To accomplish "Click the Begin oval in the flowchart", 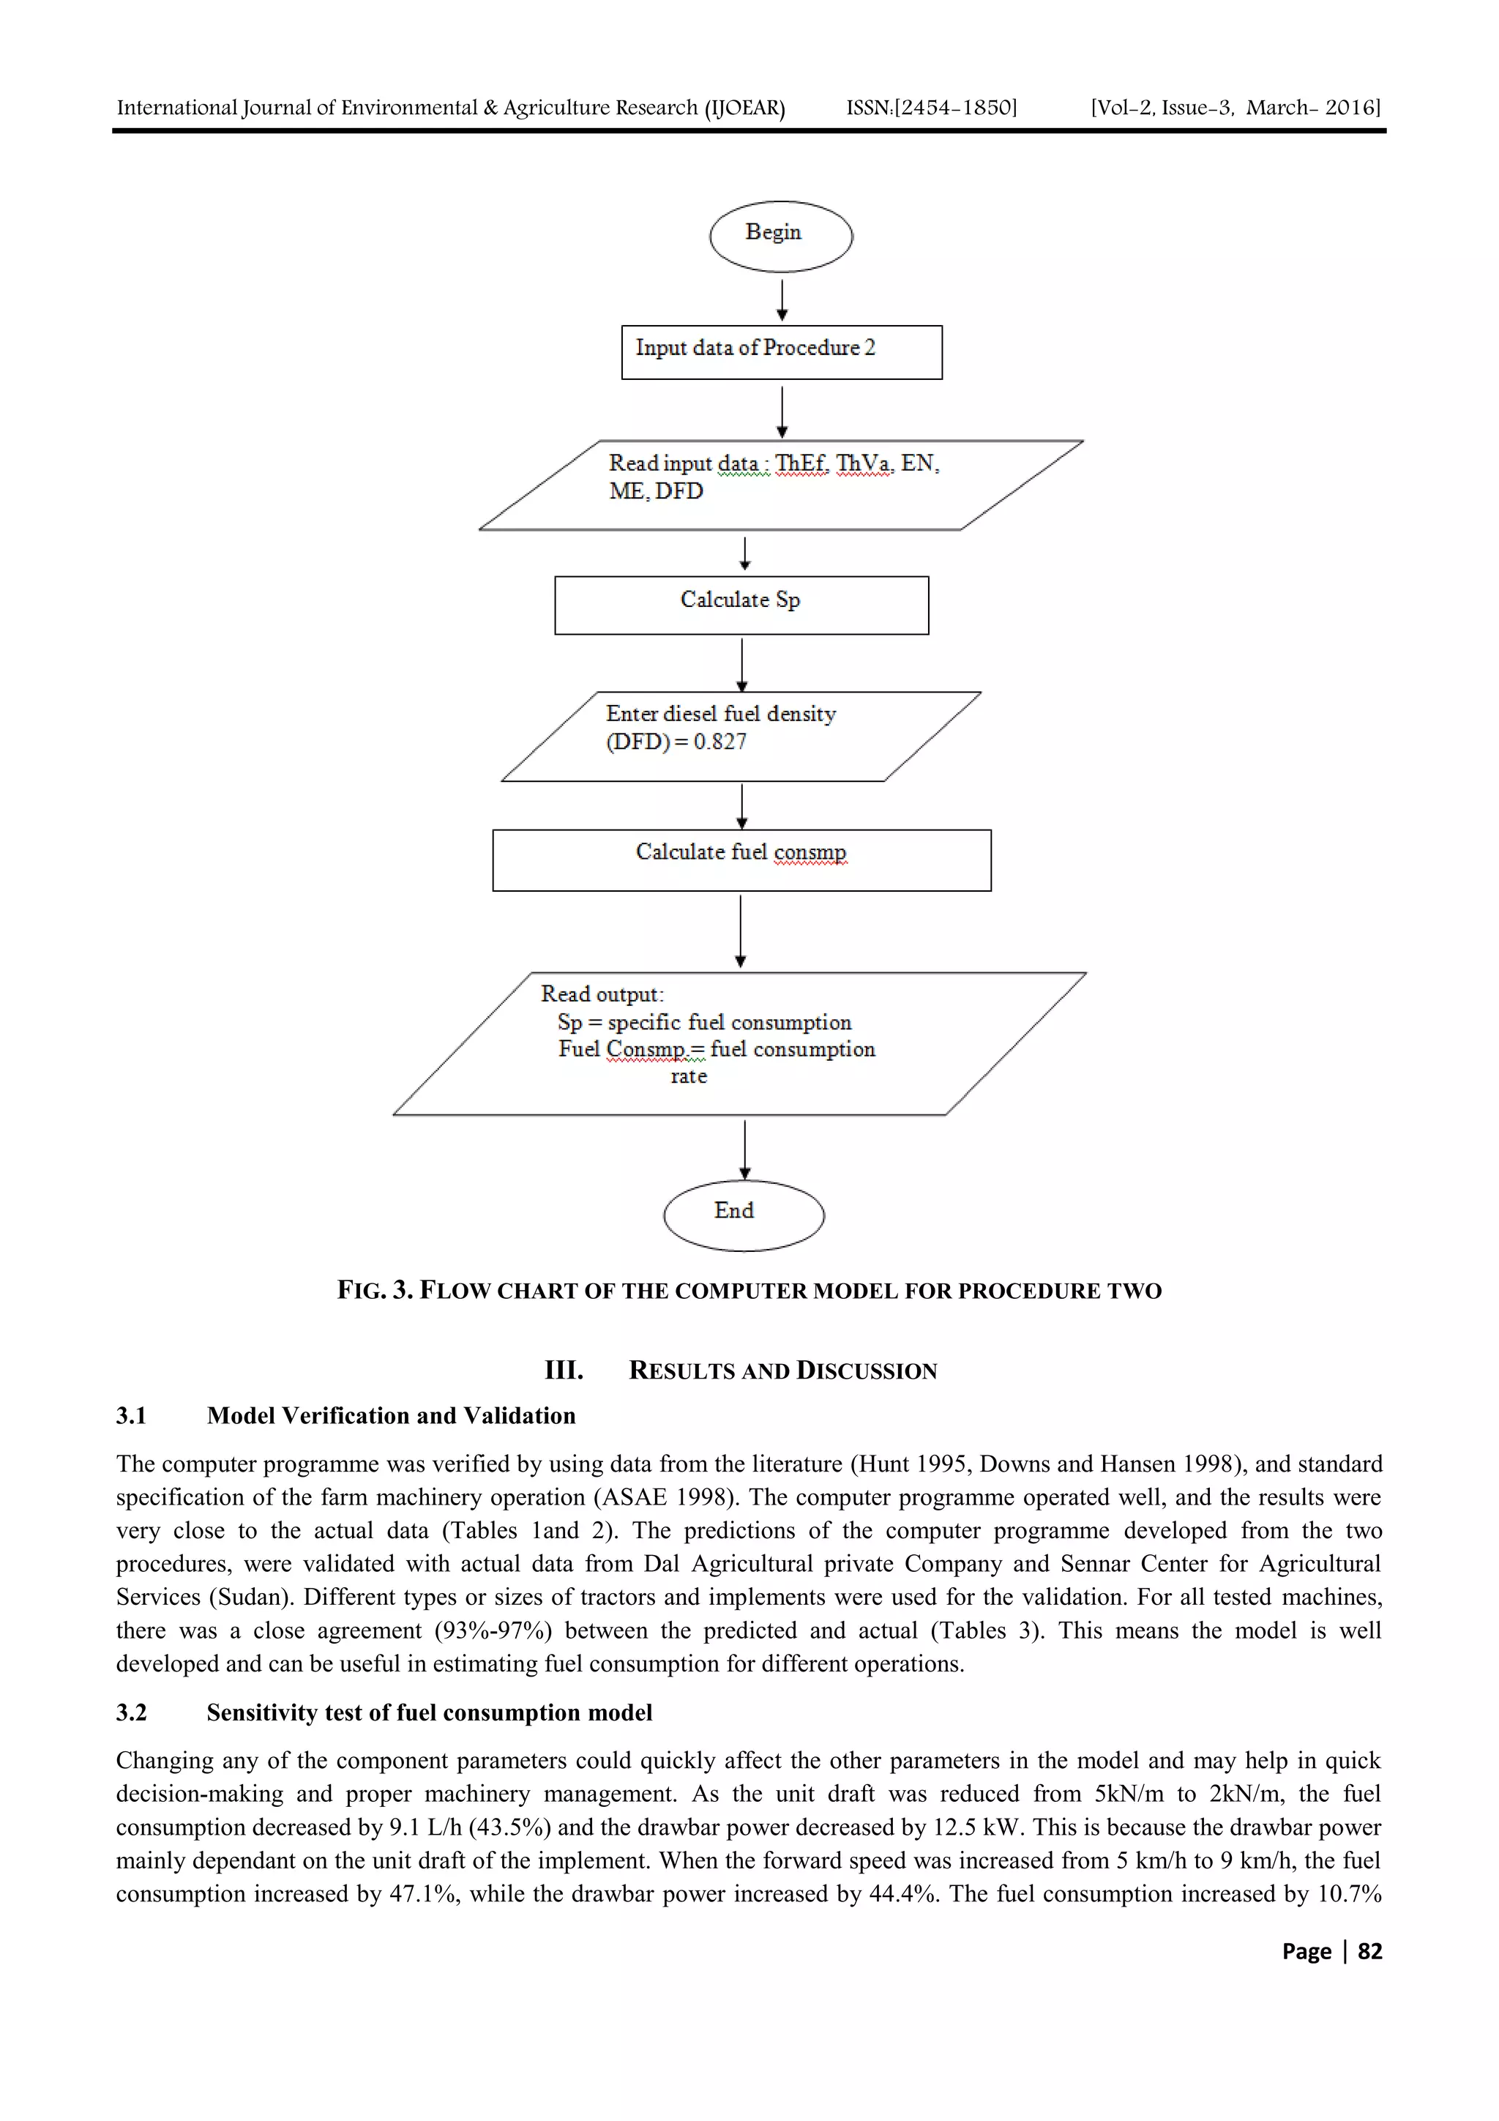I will tap(780, 236).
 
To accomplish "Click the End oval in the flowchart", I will tap(744, 1215).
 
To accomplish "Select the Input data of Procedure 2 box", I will tap(782, 352).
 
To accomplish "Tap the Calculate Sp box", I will tap(741, 605).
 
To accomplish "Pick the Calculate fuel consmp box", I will tap(741, 860).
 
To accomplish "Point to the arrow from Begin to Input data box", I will tap(782, 300).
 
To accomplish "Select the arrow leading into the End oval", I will tap(745, 1149).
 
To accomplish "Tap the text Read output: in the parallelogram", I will tap(602, 995).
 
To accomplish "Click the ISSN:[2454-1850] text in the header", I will tap(931, 108).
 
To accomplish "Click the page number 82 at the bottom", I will tap(1369, 1951).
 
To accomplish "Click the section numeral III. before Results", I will tap(564, 1370).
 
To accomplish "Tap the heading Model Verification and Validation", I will tap(391, 1416).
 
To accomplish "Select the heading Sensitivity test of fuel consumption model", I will tap(430, 1712).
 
